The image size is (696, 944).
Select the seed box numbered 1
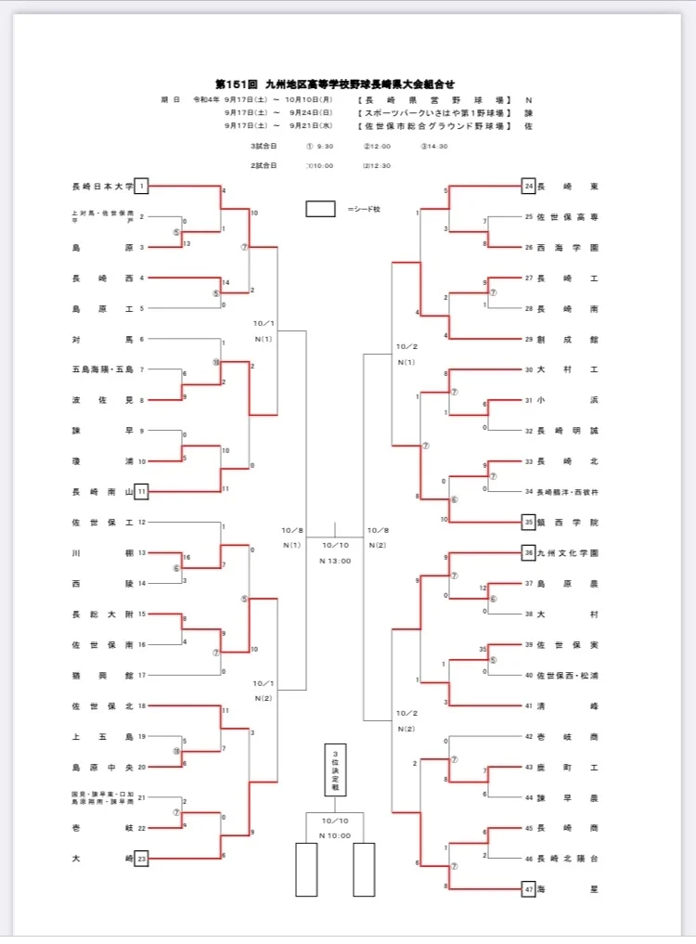pos(141,187)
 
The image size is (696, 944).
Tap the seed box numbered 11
pos(141,489)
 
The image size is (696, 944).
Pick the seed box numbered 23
pos(141,859)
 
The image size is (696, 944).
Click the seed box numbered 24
pos(528,187)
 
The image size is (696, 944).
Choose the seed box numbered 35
pos(528,521)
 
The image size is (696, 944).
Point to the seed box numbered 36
pos(528,552)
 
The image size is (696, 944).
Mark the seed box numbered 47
pos(528,888)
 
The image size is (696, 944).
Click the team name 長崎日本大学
pos(102,187)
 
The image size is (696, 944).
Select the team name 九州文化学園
pos(568,552)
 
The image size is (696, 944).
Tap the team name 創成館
pos(568,339)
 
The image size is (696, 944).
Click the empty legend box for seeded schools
pos(320,209)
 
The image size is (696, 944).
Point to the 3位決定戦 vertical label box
pos(335,769)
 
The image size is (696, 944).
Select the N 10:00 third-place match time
pos(334,834)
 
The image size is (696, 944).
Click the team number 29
pos(529,339)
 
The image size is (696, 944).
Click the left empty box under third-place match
pos(305,869)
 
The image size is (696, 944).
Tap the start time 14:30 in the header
pos(435,146)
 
